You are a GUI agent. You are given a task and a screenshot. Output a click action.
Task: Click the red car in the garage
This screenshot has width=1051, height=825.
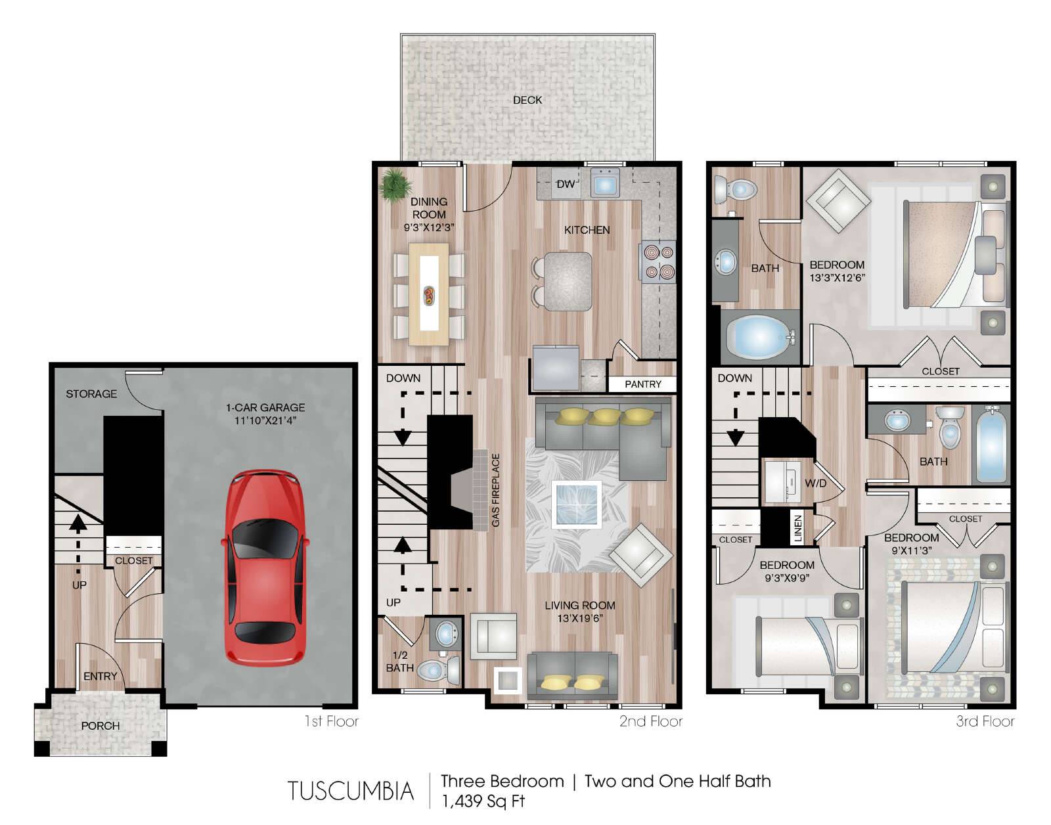(265, 568)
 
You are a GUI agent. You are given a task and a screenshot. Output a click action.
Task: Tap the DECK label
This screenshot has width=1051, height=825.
(527, 100)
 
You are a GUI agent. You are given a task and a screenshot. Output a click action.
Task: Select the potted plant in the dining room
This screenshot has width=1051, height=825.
(396, 185)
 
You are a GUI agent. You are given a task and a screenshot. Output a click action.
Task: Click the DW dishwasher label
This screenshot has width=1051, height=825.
(566, 184)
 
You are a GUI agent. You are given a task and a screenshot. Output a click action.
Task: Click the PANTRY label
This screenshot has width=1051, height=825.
(642, 384)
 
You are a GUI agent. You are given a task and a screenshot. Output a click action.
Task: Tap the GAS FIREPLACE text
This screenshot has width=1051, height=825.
(496, 491)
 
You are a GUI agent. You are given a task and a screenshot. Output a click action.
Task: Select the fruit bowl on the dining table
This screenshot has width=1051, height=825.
(428, 296)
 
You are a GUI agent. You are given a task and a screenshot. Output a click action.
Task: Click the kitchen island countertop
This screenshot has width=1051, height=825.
(568, 281)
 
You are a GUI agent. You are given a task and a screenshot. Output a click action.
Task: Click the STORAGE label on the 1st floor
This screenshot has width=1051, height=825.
(91, 393)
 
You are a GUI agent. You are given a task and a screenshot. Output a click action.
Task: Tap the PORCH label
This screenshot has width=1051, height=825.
(101, 726)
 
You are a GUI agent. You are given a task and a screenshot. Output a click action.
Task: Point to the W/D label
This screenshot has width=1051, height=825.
(815, 483)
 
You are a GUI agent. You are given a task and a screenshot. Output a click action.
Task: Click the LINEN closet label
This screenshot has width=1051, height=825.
(798, 528)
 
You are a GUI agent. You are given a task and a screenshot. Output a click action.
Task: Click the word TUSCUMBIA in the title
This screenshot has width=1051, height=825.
(351, 791)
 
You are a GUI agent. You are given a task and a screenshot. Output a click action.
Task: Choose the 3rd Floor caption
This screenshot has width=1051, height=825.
(985, 721)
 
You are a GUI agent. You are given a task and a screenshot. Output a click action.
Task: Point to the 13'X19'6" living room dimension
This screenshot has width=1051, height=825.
(580, 618)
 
